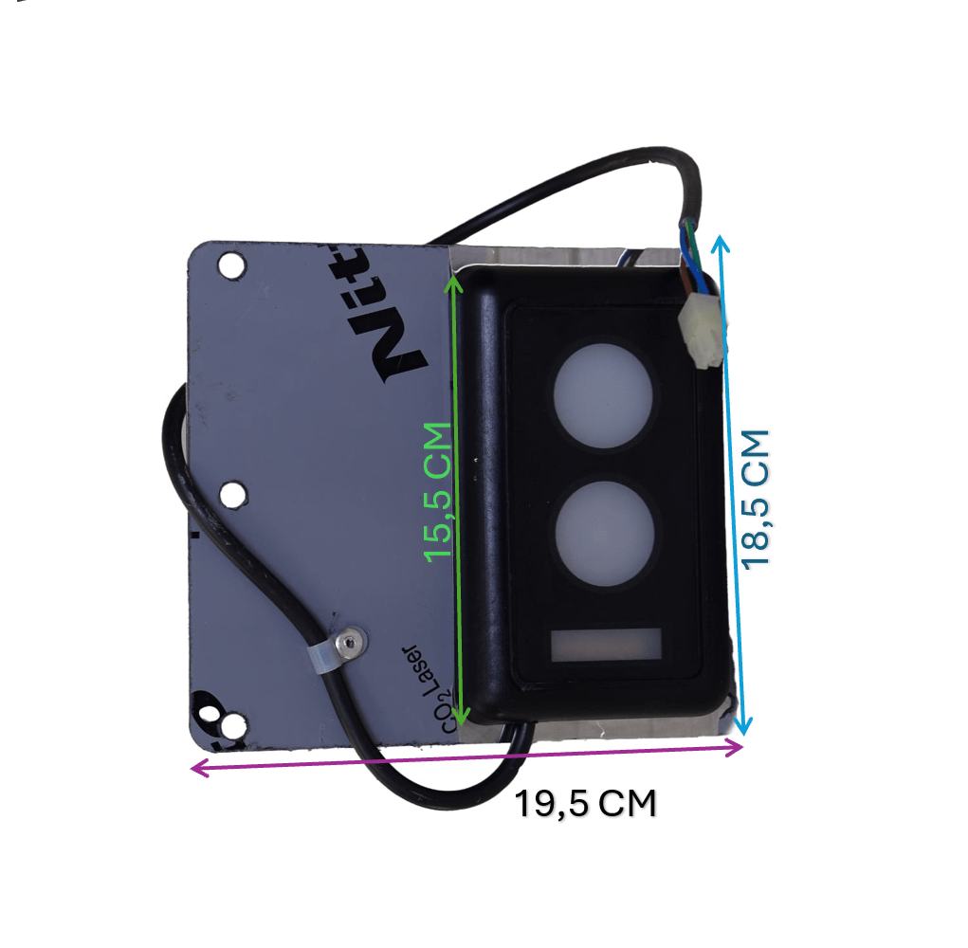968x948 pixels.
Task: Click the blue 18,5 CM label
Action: click(x=757, y=499)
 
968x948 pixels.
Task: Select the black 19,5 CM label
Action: click(x=585, y=804)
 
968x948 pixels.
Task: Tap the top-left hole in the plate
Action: click(x=229, y=265)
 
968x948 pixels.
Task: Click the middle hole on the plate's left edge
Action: click(x=231, y=494)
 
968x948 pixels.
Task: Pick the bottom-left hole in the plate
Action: click(x=228, y=726)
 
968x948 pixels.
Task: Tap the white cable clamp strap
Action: click(x=322, y=657)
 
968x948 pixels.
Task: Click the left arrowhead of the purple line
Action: click(x=196, y=768)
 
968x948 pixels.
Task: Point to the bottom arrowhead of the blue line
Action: click(x=745, y=728)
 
